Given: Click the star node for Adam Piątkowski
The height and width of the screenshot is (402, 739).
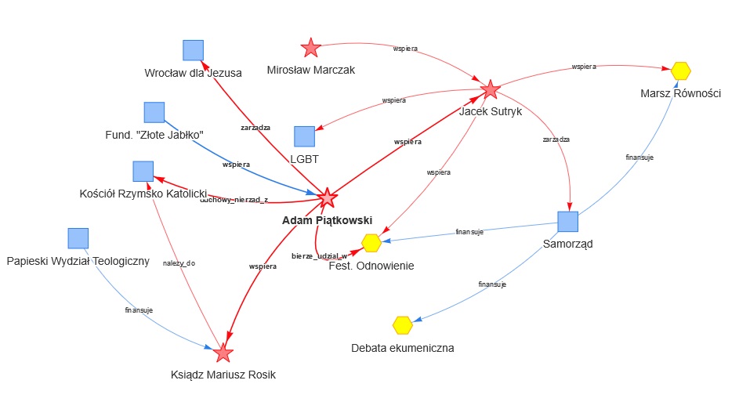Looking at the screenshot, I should pos(328,197).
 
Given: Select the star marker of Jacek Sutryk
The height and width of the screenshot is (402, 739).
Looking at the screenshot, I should pos(491,90).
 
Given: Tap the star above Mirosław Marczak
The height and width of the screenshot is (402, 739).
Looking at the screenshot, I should pos(311,49).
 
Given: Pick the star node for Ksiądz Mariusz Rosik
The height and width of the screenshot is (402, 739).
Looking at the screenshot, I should pos(223,353).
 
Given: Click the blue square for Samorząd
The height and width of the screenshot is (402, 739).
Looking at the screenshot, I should pos(567,222).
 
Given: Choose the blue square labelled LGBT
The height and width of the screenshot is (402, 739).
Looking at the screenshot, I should pos(304,136).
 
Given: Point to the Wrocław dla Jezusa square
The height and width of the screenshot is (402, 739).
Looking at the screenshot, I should pos(193,50).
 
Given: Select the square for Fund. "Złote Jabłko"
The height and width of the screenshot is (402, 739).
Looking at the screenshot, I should pos(154,112).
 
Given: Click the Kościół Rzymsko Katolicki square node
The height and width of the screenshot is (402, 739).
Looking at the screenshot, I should pos(143,171).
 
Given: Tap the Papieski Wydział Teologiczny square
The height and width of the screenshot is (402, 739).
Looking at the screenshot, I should pos(78,238).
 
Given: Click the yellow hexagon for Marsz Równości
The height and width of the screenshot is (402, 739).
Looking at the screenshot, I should pos(681,71).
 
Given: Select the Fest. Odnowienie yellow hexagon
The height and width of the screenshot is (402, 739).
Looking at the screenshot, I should pos(371,244).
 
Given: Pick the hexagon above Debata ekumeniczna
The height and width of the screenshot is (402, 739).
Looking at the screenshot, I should pos(403,324).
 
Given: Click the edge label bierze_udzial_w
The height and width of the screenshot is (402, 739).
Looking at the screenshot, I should pos(319,256).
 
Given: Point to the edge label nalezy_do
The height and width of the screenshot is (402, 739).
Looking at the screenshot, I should pos(179,263).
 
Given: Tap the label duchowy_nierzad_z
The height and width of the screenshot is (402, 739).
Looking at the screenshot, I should pos(234,200).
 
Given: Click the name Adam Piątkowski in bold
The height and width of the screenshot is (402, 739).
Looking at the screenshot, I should pos(327,220).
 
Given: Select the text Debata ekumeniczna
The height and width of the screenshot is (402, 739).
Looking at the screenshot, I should pos(403,348).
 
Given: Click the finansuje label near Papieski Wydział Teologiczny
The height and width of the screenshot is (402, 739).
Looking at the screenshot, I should pos(139,310).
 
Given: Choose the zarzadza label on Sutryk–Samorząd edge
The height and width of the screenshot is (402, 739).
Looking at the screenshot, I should pos(556,139).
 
